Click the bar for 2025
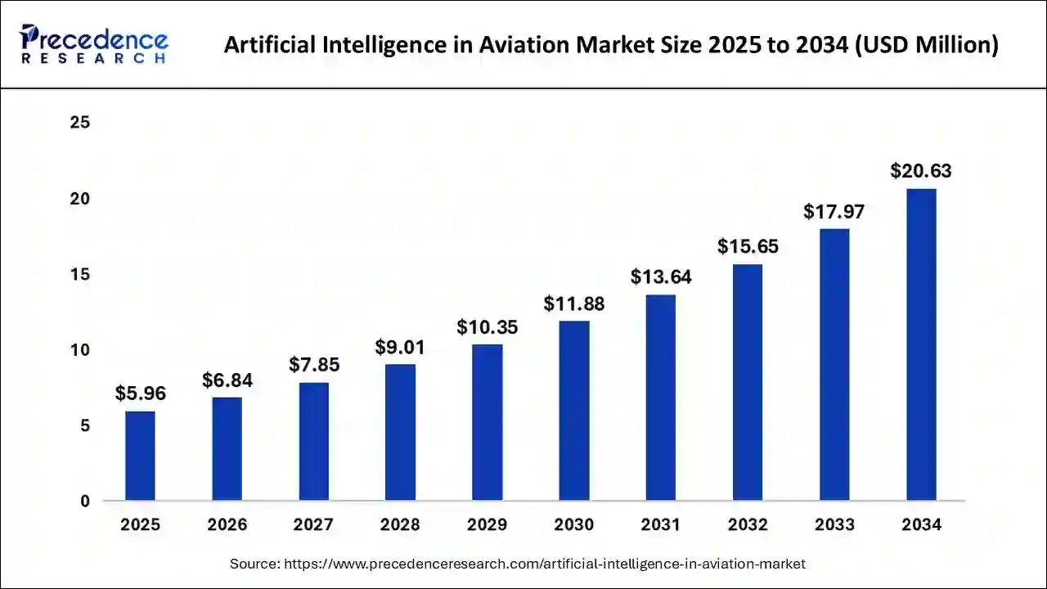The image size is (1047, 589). tap(140, 456)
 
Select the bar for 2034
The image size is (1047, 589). tap(921, 344)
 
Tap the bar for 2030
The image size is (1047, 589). tap(574, 411)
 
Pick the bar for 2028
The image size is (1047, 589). tap(400, 432)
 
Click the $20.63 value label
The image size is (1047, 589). tap(921, 171)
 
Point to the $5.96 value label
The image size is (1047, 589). tap(140, 393)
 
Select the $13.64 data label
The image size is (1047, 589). tap(661, 277)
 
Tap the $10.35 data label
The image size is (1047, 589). tap(488, 327)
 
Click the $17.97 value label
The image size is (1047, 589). tap(834, 212)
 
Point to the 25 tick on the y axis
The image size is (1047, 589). tap(80, 123)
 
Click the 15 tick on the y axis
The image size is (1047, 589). tap(80, 274)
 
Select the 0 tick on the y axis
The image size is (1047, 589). tap(85, 501)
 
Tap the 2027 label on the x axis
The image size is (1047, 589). tap(314, 525)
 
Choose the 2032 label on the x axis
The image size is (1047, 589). tap(748, 525)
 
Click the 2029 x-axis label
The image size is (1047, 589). tap(488, 525)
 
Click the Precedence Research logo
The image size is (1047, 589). tap(94, 44)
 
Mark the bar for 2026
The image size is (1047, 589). tap(227, 449)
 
